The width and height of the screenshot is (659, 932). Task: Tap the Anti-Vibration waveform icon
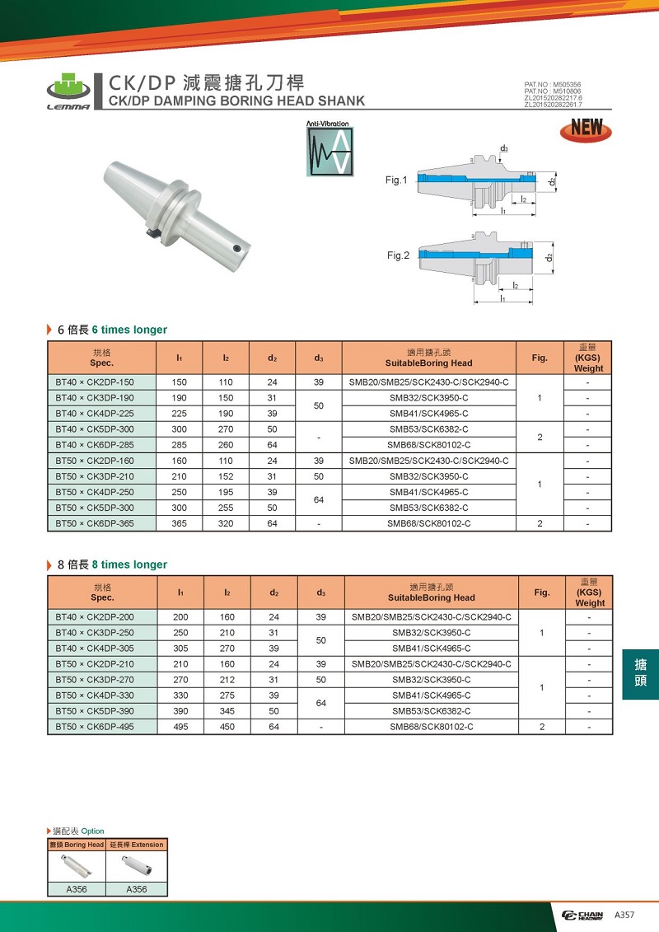point(329,151)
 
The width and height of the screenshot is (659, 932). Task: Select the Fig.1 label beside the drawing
point(396,180)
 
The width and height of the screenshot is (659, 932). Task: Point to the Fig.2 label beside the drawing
point(398,255)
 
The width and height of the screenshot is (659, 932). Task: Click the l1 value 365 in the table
point(179,523)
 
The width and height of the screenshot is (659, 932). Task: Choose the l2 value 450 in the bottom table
point(227,727)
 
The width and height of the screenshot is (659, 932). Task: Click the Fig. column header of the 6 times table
point(540,358)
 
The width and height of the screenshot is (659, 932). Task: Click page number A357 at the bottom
point(624,916)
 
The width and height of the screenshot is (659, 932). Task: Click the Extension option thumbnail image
point(137,866)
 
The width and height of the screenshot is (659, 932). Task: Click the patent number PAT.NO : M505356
point(552,85)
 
